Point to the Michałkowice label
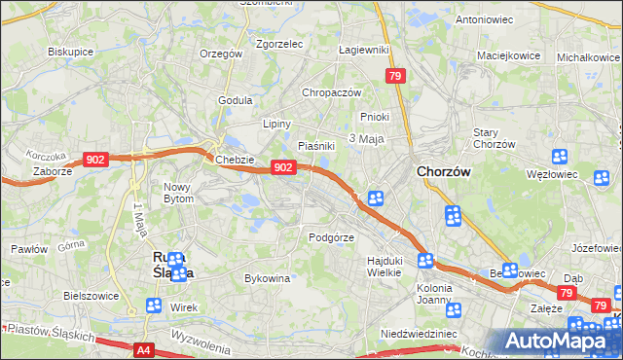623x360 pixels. point(587,58)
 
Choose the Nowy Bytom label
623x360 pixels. point(178,193)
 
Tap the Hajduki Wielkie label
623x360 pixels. point(385,267)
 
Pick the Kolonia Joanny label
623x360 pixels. point(441,294)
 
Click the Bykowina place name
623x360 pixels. point(268,279)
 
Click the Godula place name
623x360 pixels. point(236,100)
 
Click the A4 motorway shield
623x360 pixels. point(144,349)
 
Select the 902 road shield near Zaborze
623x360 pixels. point(95,160)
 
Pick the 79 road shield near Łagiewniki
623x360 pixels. point(394,76)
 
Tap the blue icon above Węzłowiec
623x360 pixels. point(560,157)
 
